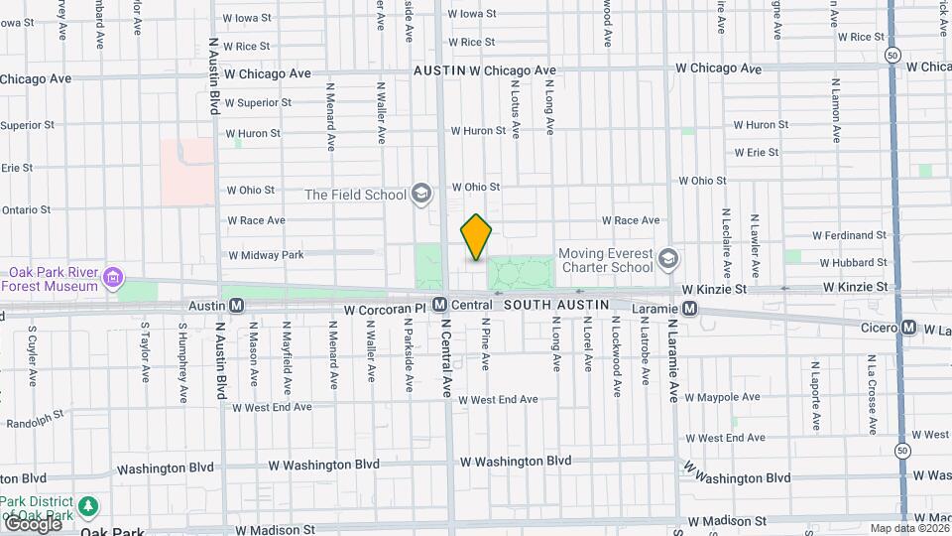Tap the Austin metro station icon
(236, 306)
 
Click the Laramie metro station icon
(688, 310)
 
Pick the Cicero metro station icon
(908, 328)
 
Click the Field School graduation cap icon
(421, 194)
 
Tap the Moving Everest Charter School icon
(668, 259)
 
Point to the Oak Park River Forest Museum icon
(114, 276)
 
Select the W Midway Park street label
(266, 255)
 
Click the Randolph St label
(35, 416)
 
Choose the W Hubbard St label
(854, 263)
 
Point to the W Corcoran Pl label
(384, 310)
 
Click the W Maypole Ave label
(723, 397)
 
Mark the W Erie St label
(756, 152)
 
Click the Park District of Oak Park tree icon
(88, 507)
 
